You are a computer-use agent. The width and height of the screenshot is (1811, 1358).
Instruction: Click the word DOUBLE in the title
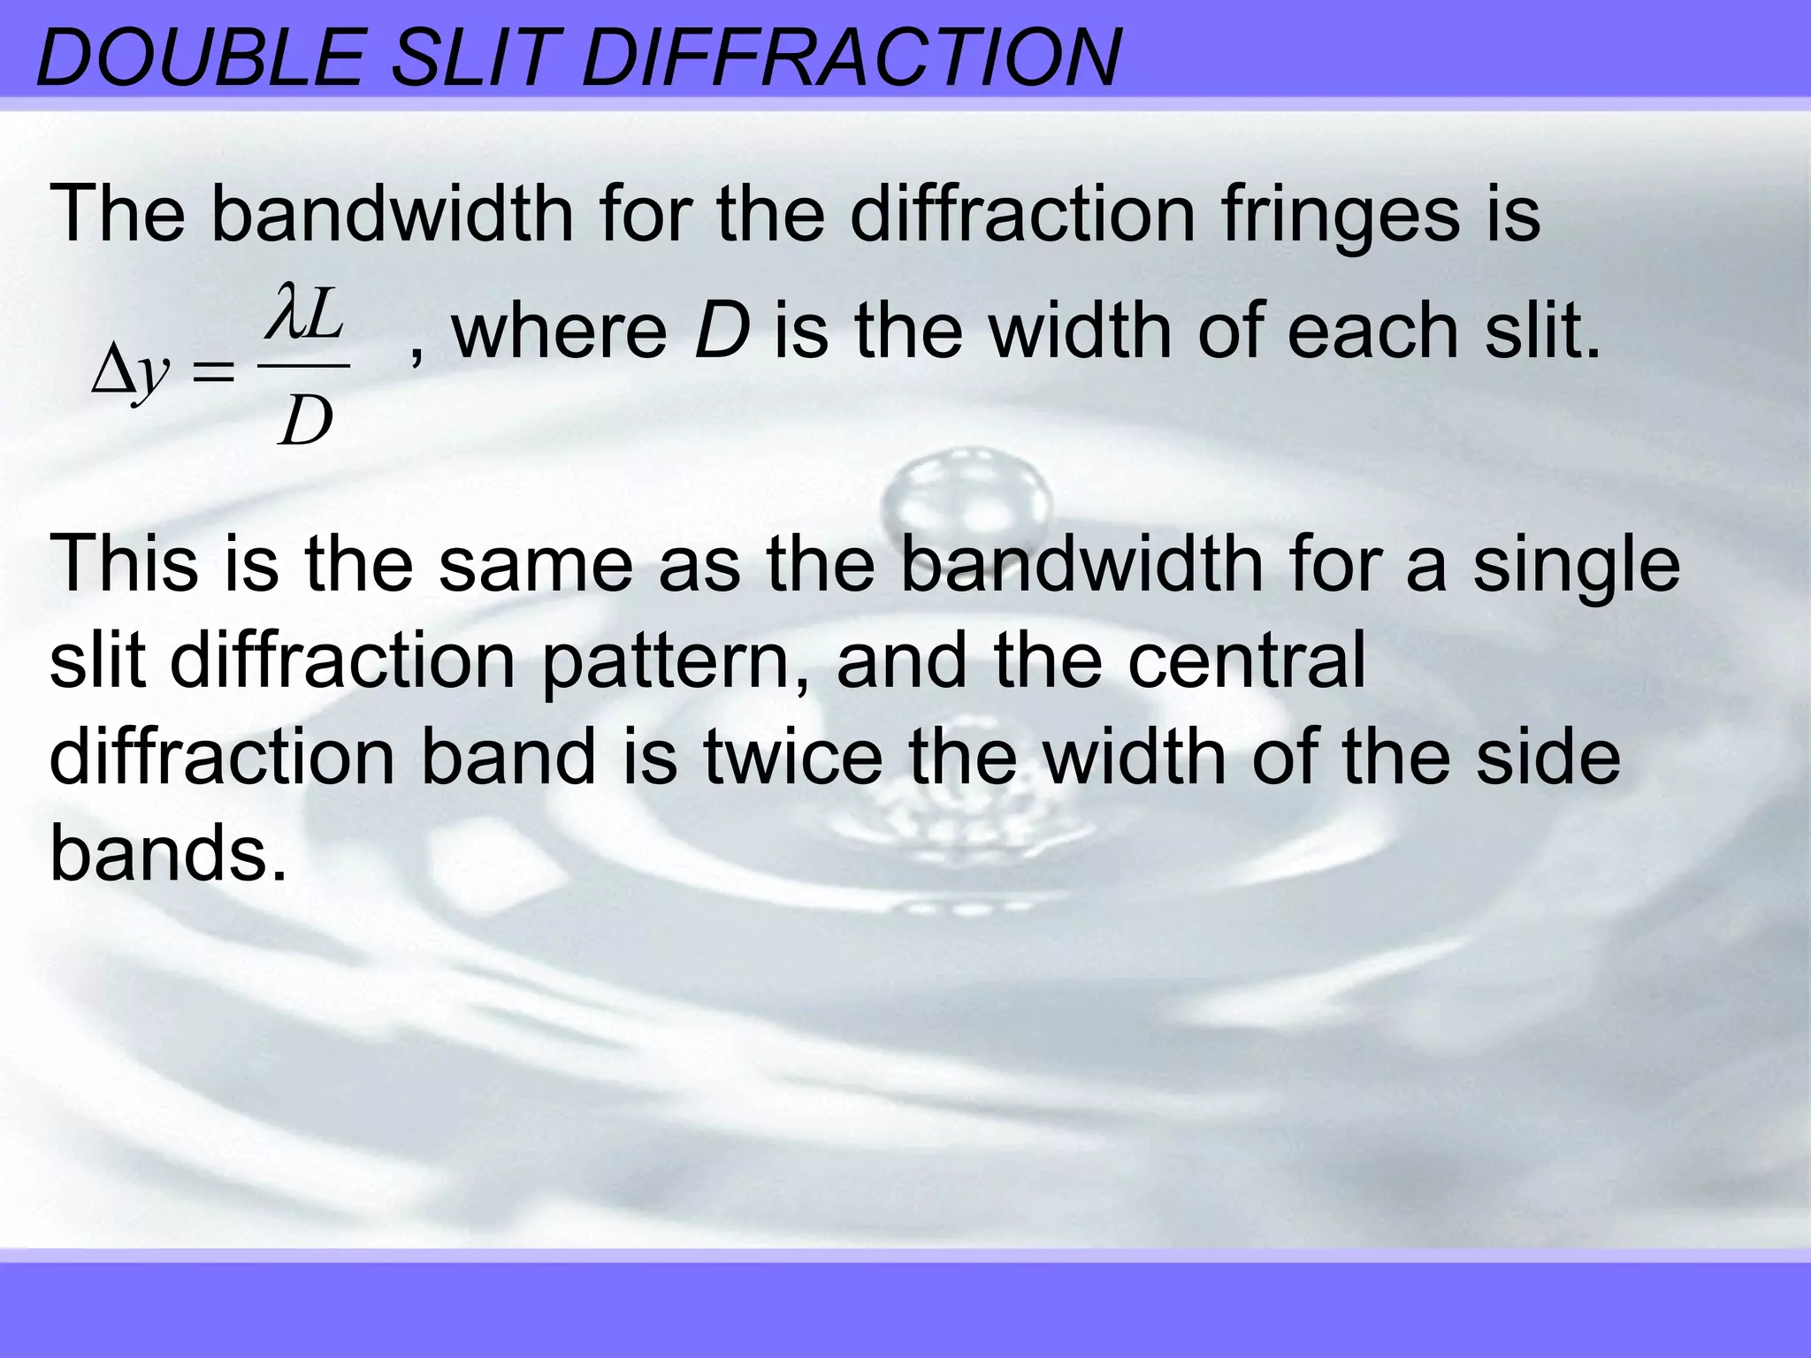[200, 58]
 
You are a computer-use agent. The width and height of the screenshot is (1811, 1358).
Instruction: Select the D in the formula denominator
[305, 421]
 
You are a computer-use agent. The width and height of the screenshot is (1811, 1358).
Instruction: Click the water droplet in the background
[969, 495]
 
